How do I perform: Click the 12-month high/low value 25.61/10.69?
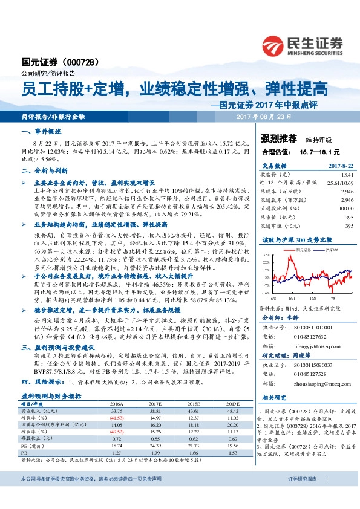point(339,183)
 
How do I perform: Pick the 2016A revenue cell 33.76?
point(117,444)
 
